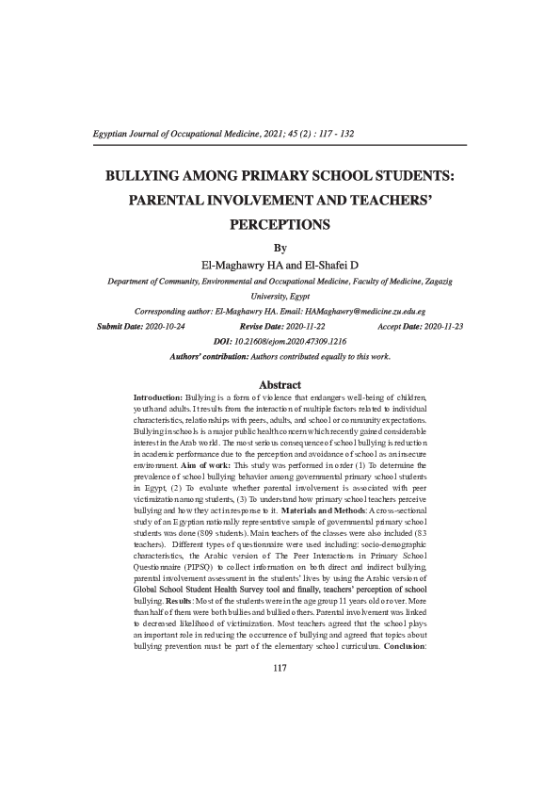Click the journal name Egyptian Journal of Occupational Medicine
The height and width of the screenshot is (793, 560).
pos(174,134)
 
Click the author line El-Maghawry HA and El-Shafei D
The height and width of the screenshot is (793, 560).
pos(279,266)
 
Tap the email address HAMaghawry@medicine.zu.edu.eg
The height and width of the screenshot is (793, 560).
pos(365,311)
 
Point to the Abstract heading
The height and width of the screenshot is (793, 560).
pos(280,385)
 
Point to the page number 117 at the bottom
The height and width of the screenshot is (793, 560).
pos(279,669)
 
